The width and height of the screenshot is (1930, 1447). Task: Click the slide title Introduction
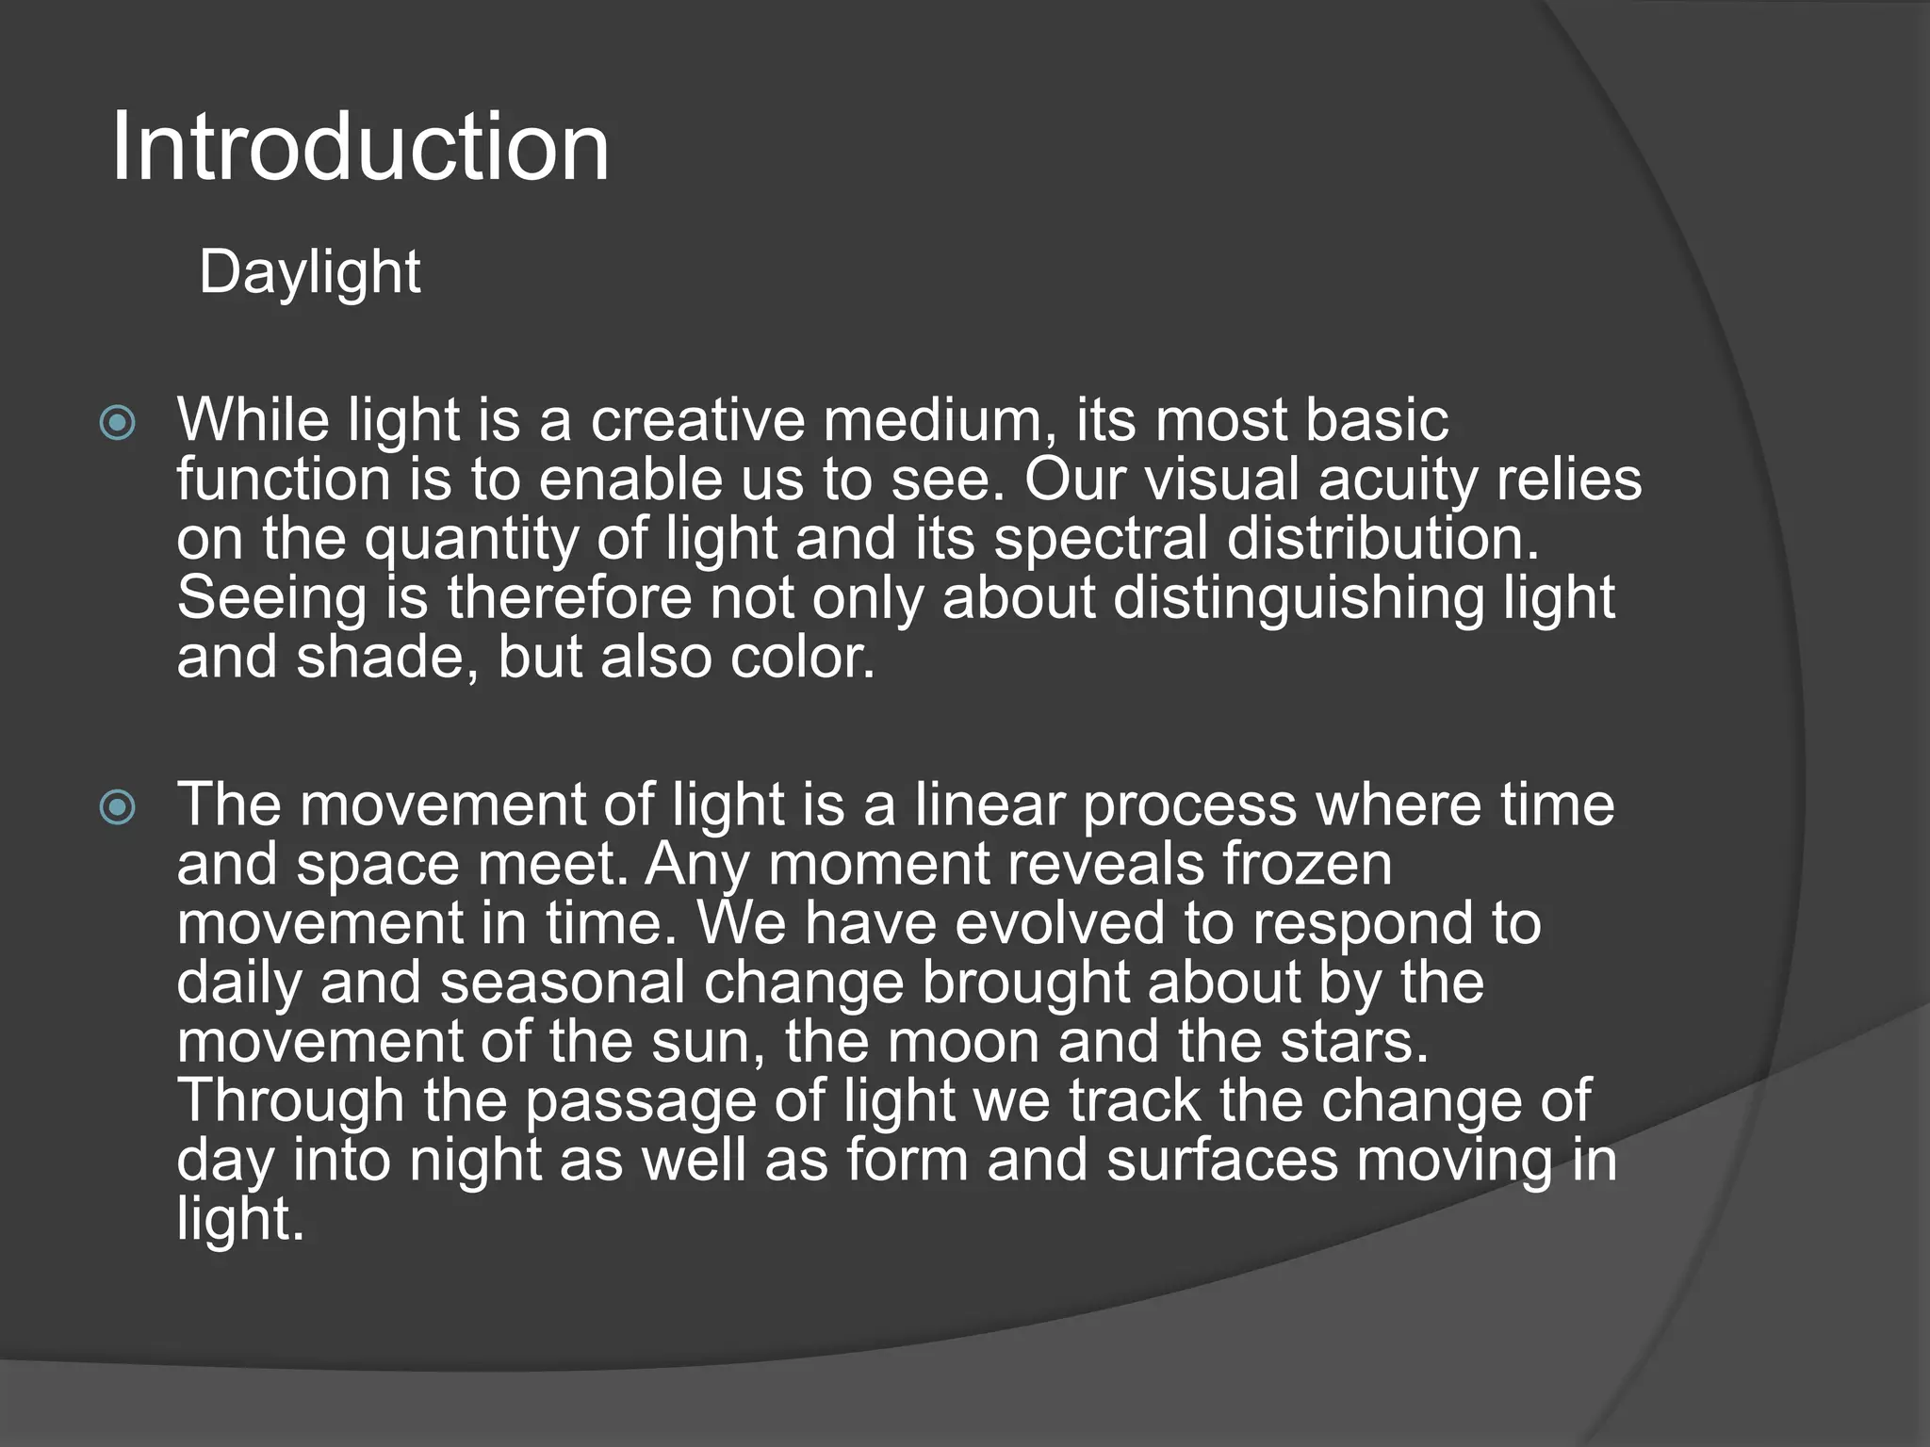click(x=360, y=147)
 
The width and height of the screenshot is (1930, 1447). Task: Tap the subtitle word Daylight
click(x=309, y=273)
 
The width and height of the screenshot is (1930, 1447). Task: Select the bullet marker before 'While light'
click(x=118, y=423)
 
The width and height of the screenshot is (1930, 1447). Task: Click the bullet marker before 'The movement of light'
click(x=118, y=807)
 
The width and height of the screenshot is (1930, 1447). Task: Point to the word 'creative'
click(x=697, y=420)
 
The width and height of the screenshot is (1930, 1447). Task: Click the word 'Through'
click(x=290, y=1101)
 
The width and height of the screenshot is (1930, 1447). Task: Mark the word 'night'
click(x=475, y=1160)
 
